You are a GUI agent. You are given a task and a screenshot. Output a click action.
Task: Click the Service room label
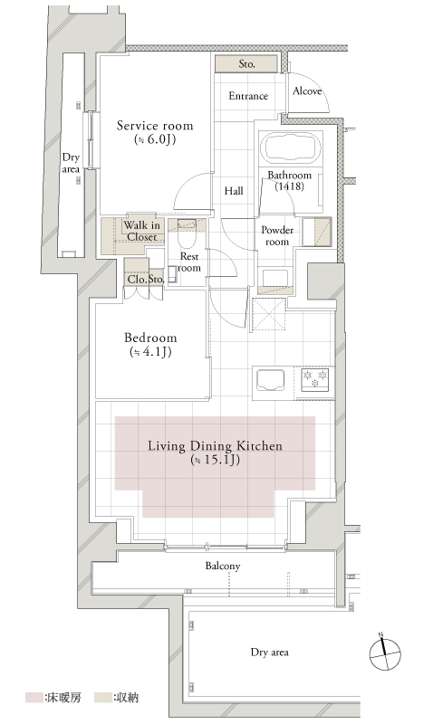155,126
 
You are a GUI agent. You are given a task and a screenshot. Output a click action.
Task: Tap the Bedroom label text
150,338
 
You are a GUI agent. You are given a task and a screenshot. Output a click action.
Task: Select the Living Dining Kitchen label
215,446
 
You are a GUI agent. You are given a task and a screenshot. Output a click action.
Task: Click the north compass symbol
385,653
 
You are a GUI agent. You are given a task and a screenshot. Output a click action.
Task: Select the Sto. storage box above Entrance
246,63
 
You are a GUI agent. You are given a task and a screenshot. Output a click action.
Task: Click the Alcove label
307,91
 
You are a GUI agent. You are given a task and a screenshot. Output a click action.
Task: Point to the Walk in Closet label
142,231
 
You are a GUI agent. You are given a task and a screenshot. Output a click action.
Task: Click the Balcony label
223,567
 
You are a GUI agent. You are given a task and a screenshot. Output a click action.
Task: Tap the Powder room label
277,235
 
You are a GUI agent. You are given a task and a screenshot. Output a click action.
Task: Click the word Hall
234,191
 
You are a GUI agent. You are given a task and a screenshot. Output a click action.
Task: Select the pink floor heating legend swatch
34,697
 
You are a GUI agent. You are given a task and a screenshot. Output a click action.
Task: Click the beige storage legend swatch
102,697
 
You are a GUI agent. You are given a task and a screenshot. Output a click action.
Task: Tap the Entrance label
248,96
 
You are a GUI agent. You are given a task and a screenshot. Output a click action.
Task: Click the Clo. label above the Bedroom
137,280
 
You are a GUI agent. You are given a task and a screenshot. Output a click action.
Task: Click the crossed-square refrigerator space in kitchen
268,314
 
